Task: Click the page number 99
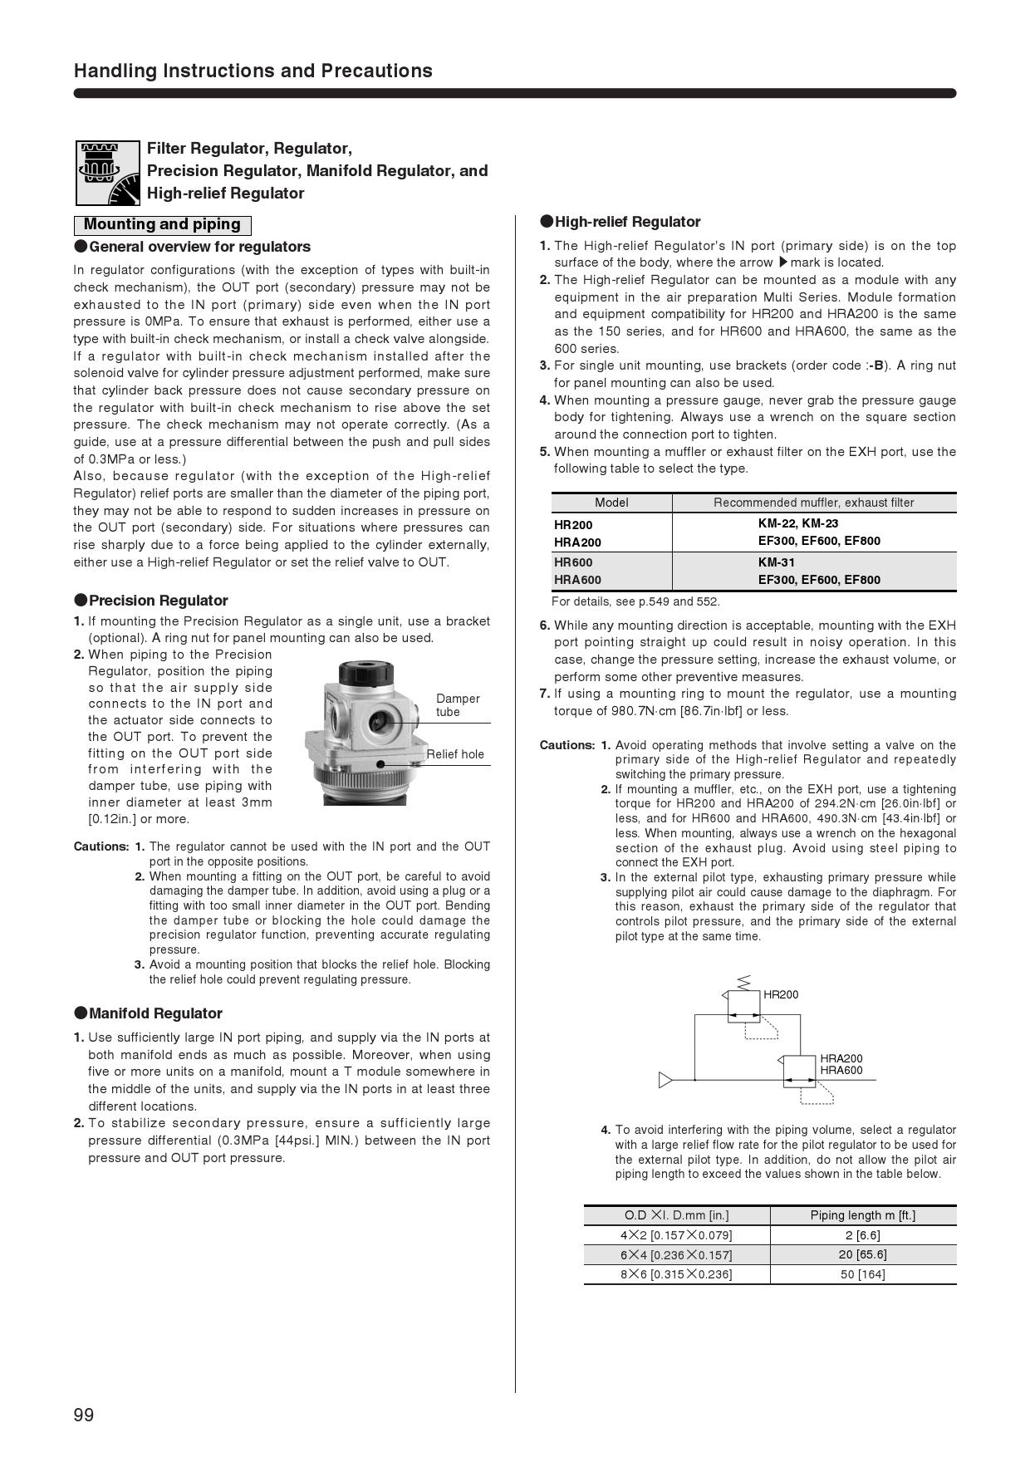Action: [x=84, y=1415]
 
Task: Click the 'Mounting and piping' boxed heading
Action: [x=162, y=224]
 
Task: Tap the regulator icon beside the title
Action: [x=108, y=173]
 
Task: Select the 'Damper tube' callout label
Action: [x=458, y=705]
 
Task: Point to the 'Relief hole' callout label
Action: [x=455, y=754]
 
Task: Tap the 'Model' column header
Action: [x=611, y=503]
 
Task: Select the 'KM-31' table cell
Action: [x=777, y=562]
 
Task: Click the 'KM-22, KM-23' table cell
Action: [x=798, y=523]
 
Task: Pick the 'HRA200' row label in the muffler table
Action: [x=577, y=542]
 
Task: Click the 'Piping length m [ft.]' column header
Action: [x=862, y=1215]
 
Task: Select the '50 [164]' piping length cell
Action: [x=862, y=1274]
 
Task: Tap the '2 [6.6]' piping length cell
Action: [x=862, y=1235]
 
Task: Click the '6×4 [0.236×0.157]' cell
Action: [x=676, y=1255]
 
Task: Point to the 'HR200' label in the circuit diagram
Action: [x=780, y=994]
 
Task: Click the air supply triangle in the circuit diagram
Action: [x=665, y=1080]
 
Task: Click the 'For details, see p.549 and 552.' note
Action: [x=635, y=601]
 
